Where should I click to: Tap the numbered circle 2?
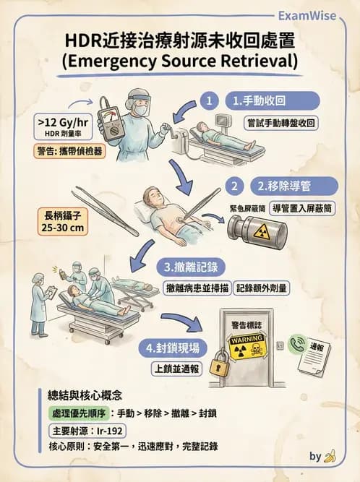(234, 186)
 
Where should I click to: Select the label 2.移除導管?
(291, 186)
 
